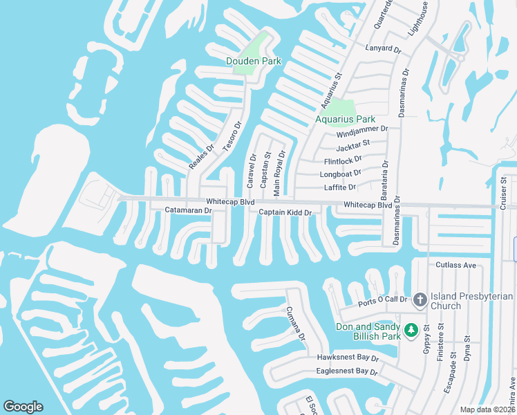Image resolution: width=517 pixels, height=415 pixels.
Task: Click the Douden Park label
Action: point(254,61)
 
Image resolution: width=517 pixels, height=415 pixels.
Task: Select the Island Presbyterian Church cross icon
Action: point(420,300)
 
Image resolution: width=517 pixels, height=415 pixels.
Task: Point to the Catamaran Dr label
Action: point(187,210)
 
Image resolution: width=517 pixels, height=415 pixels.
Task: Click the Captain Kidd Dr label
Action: point(286,212)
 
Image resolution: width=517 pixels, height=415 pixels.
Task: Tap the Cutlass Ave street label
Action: point(456,265)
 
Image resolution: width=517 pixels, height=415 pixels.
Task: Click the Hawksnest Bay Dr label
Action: point(348,358)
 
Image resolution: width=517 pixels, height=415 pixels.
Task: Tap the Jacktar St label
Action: point(352,146)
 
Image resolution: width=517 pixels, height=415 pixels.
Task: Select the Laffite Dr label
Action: point(339,187)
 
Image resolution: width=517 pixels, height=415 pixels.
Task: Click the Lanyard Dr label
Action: point(383,49)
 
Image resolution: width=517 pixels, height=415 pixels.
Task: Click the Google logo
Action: point(23,407)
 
